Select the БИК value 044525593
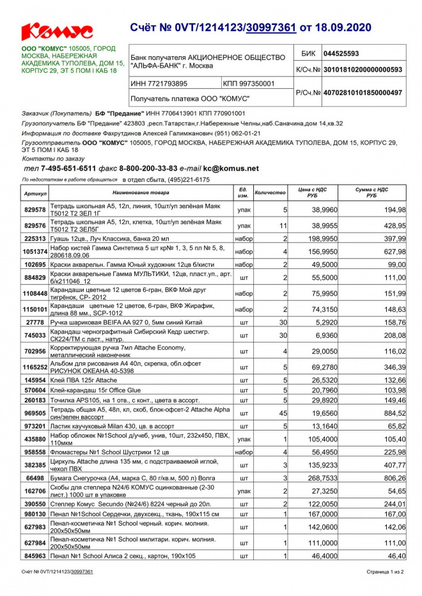(341, 54)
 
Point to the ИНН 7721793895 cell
(159, 84)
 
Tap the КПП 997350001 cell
(249, 84)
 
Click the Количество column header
(270, 192)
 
